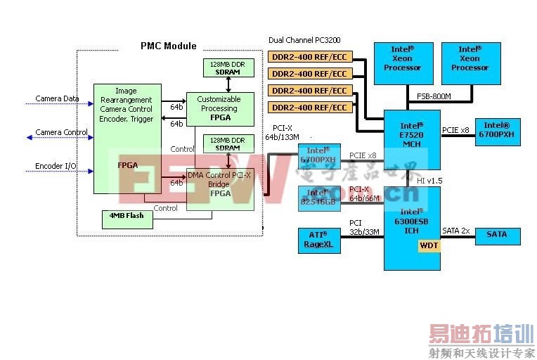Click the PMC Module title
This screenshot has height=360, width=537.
point(169,46)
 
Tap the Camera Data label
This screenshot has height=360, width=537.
point(57,98)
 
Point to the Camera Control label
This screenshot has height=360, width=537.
point(61,132)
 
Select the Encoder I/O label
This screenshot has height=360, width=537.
point(56,166)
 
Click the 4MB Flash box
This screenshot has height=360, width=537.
point(127,215)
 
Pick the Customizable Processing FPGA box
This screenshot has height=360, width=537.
point(219,109)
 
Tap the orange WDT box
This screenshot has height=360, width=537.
point(428,245)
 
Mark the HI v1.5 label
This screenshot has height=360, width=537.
point(431,181)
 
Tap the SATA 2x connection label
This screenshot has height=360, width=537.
point(456,231)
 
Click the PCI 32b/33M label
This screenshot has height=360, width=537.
point(364,227)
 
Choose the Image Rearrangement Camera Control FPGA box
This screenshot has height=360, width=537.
point(127,139)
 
